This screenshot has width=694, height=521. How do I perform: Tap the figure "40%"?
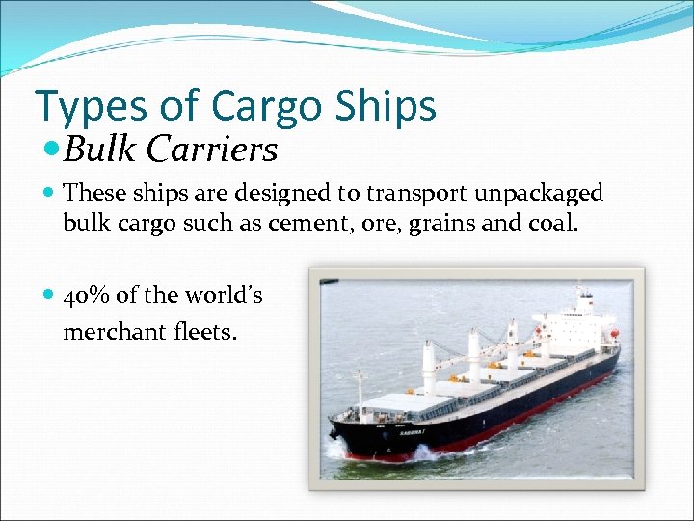click(85, 296)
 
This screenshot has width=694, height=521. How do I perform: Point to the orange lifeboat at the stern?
click(614, 334)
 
